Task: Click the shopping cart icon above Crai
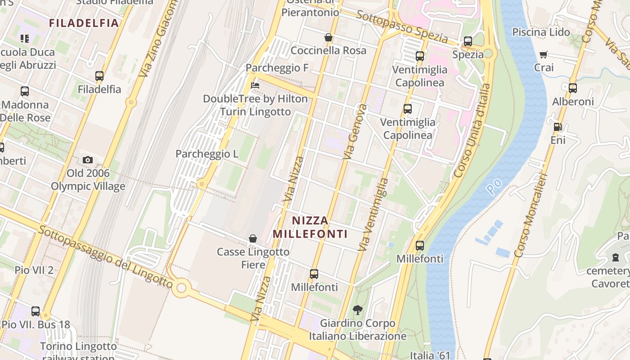click(x=543, y=54)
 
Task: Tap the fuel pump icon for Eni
click(x=558, y=127)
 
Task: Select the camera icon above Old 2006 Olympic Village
click(x=88, y=160)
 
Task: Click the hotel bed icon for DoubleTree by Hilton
click(x=255, y=85)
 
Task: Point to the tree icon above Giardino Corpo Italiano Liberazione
click(x=358, y=310)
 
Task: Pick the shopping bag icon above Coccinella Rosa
click(x=328, y=37)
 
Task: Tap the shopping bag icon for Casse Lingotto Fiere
click(x=253, y=238)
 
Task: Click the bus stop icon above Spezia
click(x=468, y=41)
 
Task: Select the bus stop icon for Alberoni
click(x=572, y=88)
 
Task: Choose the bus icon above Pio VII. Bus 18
click(x=35, y=311)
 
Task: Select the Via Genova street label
click(x=355, y=131)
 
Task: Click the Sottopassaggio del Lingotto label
click(x=105, y=257)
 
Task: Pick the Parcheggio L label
click(x=207, y=154)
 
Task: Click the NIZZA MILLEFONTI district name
click(x=310, y=227)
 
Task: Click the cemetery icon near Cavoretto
click(x=615, y=257)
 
